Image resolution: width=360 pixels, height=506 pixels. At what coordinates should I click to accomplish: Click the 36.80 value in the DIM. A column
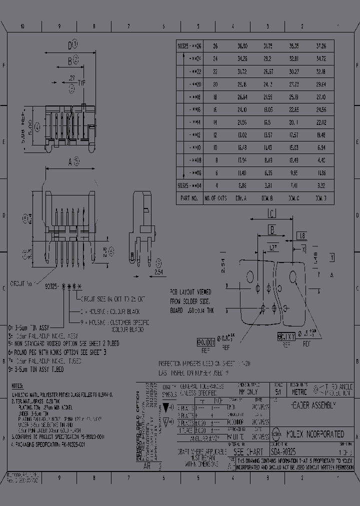click(242, 45)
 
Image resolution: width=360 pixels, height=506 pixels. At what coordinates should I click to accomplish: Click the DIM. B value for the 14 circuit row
click(268, 122)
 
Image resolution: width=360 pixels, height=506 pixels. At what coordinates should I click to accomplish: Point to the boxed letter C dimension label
click(271, 214)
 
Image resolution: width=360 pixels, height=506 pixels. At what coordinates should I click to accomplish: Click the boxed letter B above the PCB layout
click(271, 230)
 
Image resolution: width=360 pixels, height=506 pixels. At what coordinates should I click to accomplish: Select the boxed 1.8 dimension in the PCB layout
click(301, 235)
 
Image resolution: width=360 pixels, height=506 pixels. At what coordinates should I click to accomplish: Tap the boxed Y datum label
click(331, 257)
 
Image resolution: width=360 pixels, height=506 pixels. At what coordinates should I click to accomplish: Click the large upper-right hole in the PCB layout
click(294, 276)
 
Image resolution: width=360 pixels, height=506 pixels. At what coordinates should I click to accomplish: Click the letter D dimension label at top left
click(70, 46)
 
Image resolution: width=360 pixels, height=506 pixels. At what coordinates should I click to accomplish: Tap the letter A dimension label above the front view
click(70, 161)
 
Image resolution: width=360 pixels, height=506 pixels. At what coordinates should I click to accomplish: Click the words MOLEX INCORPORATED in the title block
click(314, 434)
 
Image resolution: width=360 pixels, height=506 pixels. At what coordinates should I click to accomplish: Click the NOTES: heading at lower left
click(18, 386)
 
